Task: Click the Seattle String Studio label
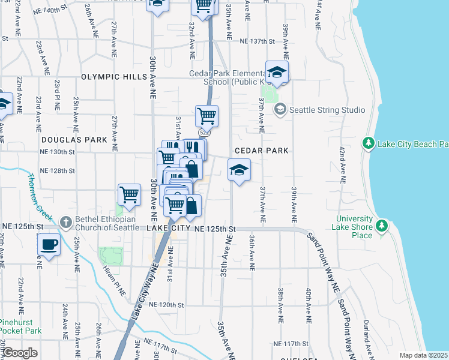click(x=327, y=110)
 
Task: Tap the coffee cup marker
click(x=49, y=245)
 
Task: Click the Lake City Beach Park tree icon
click(x=369, y=143)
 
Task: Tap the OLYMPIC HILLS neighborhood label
click(x=114, y=77)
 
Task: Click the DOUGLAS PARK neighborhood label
click(x=74, y=139)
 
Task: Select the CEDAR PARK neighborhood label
click(x=262, y=151)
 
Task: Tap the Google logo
click(x=20, y=353)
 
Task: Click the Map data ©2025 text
click(x=423, y=355)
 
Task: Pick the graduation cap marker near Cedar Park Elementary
click(x=277, y=73)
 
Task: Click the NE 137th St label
click(x=257, y=41)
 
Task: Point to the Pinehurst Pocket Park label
click(x=21, y=326)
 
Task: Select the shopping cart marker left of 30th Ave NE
click(x=130, y=194)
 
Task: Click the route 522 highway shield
click(x=203, y=132)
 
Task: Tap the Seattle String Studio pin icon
click(x=280, y=110)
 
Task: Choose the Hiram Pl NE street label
click(x=114, y=280)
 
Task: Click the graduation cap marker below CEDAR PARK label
click(x=239, y=170)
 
